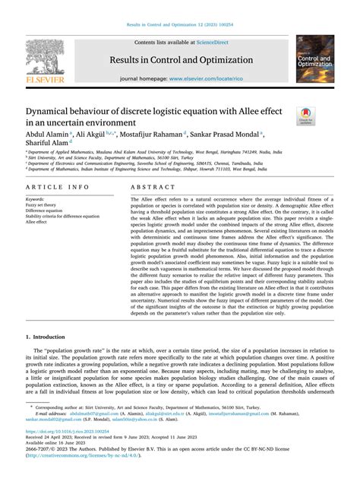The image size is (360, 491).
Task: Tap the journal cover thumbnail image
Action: click(314, 59)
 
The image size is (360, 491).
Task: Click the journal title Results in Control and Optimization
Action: click(182, 60)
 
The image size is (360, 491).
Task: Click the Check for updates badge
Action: click(306, 116)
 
